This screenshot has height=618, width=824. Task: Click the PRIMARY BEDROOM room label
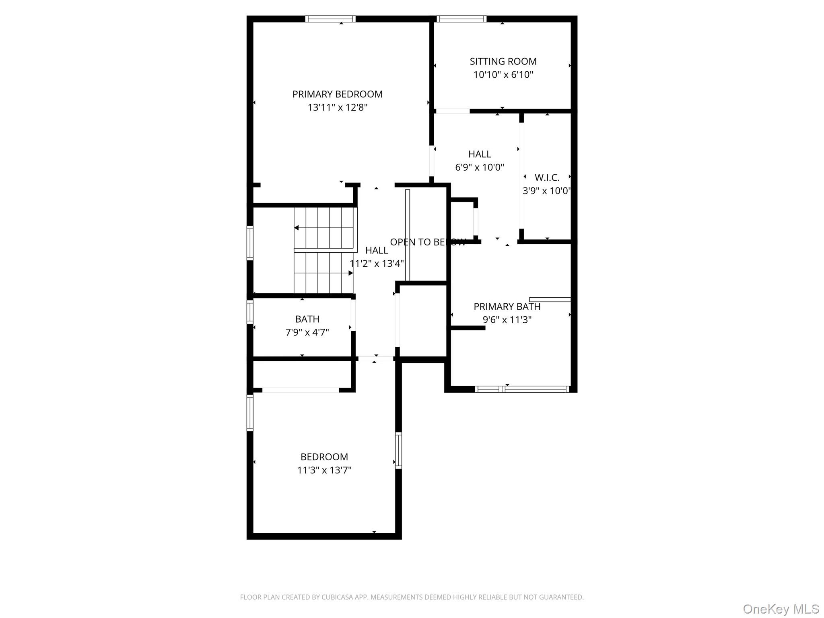coord(337,94)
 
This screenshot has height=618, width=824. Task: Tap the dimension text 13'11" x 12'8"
coord(338,107)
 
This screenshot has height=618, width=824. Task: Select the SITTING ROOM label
coord(503,62)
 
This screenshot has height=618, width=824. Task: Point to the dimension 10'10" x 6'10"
coord(503,75)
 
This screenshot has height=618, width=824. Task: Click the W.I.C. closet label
coord(547,177)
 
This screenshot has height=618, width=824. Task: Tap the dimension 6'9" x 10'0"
coord(480,167)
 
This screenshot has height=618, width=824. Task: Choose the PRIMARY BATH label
coord(507,307)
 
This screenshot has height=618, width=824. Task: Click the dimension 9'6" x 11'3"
coord(507,320)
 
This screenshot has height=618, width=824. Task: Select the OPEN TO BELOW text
coord(428,242)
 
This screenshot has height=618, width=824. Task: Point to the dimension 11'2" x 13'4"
coord(377,264)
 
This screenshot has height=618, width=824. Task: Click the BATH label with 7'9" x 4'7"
coord(307,319)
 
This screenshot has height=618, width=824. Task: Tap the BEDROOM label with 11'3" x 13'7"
coord(324,457)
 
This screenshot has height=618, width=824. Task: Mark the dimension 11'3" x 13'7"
coord(324,470)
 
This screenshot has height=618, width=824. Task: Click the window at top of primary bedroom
coord(330,19)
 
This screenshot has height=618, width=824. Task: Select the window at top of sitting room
coord(461,19)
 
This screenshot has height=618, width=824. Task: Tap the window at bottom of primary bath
coord(522,389)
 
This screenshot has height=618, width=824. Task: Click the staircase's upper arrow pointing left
coord(297,228)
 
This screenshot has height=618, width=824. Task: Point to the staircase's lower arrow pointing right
coord(350,273)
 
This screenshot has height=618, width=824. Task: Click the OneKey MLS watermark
coord(781,609)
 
